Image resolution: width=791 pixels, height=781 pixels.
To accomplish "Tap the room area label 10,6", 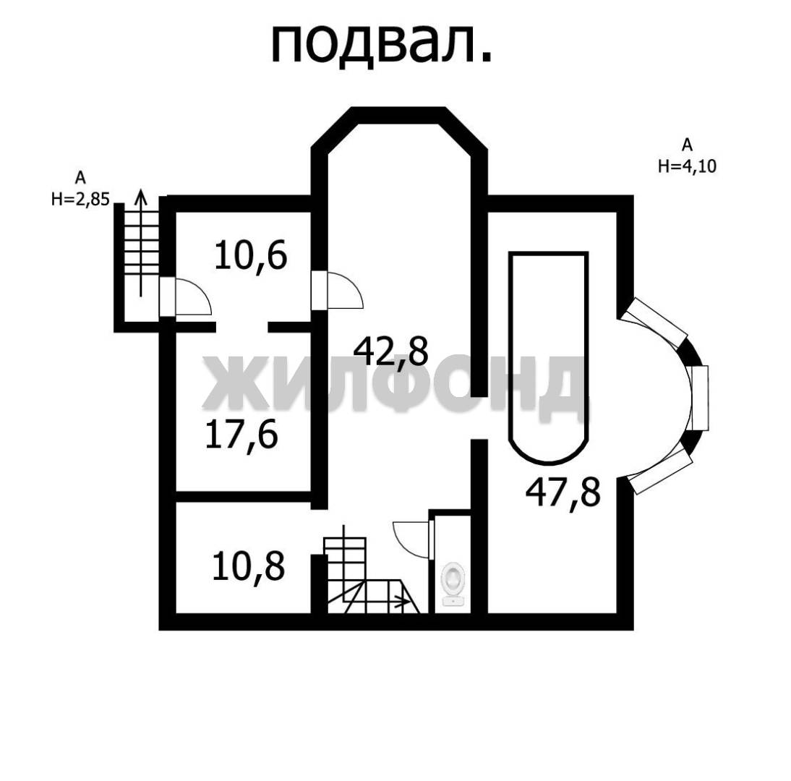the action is (x=251, y=256).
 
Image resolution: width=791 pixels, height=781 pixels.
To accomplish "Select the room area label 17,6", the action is (x=241, y=435).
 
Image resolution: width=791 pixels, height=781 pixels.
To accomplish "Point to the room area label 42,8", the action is (x=391, y=352).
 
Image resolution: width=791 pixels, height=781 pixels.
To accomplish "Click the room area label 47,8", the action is (x=563, y=493).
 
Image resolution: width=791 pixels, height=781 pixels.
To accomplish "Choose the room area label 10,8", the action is (x=249, y=567).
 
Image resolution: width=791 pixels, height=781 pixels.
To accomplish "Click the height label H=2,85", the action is (x=80, y=200).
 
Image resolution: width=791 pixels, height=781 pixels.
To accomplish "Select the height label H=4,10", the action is (x=687, y=166).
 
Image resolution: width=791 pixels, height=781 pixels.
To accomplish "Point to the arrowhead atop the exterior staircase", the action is (x=141, y=196).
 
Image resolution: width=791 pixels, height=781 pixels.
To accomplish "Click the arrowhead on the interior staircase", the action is (x=403, y=602).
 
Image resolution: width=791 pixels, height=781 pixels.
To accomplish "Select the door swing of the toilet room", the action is (x=411, y=540).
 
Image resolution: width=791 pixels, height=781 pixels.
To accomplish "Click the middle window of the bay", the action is (x=700, y=398).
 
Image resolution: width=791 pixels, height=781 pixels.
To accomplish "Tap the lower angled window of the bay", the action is (x=660, y=471).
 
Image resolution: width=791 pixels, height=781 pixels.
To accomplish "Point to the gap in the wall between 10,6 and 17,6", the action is (x=241, y=327).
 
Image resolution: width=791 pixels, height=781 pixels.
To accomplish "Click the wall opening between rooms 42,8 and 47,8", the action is (x=479, y=418).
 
